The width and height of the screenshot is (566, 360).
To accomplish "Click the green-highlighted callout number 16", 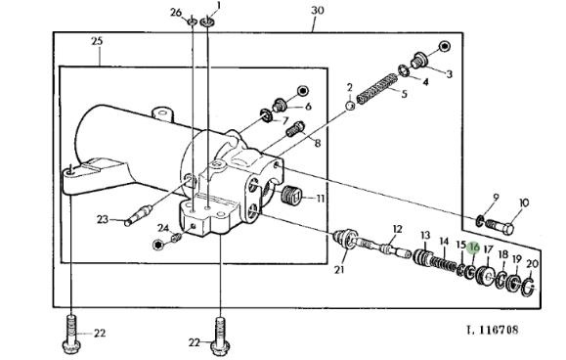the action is click(x=473, y=247).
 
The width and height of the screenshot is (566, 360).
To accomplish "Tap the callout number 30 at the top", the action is click(x=318, y=10).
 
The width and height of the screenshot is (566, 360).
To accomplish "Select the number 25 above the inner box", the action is click(x=97, y=41).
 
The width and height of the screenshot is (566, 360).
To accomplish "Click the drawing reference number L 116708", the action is click(x=493, y=330).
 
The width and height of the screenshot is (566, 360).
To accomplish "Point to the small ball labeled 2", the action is click(x=350, y=106).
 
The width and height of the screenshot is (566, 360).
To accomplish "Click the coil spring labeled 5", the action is click(x=377, y=88).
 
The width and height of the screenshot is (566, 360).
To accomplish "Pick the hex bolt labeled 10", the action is click(x=500, y=226).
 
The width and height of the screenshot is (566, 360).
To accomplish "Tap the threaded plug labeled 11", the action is click(x=290, y=198).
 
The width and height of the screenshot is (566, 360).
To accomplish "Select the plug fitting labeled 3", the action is click(x=418, y=61).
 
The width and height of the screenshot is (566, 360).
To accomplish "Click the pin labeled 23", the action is click(x=138, y=215).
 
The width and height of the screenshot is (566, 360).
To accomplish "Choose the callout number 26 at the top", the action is click(x=176, y=13).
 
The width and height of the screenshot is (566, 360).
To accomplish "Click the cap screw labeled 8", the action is click(x=295, y=129).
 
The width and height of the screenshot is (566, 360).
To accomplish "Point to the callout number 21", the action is click(x=339, y=269).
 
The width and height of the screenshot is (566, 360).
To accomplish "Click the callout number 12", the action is click(x=397, y=229).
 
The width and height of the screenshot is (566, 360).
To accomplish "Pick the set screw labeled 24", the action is click(x=175, y=238).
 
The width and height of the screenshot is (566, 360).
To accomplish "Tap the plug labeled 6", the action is click(x=280, y=105).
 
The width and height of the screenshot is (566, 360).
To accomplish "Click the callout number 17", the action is click(x=488, y=249).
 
